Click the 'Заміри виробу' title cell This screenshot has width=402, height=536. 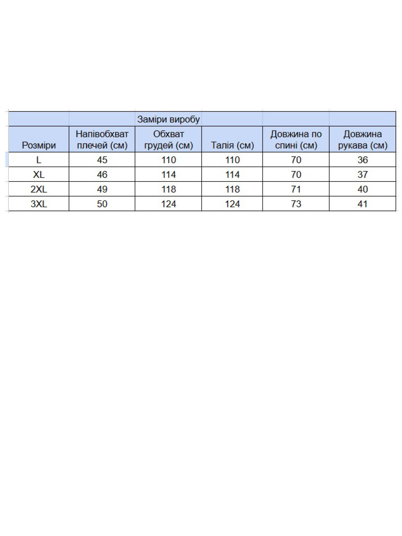(x=168, y=119)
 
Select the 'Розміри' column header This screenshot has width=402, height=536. (x=39, y=145)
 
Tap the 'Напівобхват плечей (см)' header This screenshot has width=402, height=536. (x=102, y=139)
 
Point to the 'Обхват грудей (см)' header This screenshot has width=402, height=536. (x=168, y=139)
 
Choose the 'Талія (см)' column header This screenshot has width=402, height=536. (x=232, y=145)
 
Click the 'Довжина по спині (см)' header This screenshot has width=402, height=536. (x=296, y=139)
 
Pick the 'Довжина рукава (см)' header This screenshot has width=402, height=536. (x=362, y=139)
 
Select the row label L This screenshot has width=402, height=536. (x=39, y=160)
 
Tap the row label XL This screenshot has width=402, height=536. (x=39, y=175)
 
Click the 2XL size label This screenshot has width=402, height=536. (x=39, y=189)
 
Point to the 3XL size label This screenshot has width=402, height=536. (x=39, y=204)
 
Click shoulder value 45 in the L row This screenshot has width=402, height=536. (x=102, y=160)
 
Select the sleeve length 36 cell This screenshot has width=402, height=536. (x=362, y=160)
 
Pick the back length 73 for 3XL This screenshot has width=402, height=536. (x=296, y=204)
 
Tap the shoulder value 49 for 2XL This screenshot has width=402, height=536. (x=102, y=189)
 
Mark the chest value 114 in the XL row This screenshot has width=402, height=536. (x=168, y=175)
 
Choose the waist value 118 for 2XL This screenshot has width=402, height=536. (x=232, y=189)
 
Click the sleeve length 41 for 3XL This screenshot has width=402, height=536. (x=362, y=204)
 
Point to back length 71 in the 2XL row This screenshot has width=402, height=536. (x=296, y=189)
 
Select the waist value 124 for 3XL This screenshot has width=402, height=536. (x=232, y=204)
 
